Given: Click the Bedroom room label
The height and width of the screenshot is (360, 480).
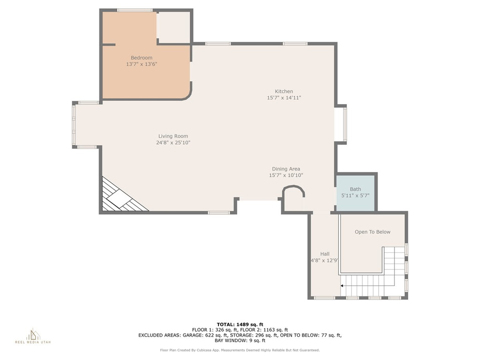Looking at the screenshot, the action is pos(142,58).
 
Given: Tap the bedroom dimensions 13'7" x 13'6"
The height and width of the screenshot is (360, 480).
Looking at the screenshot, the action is pos(142,64).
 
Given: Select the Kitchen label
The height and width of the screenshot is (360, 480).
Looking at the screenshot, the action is pos(284,91).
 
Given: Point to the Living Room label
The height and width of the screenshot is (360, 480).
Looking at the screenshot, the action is pos(173,136).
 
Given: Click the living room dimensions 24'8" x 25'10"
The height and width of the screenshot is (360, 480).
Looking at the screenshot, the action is pos(173,142).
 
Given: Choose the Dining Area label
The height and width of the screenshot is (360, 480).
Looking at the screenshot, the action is pos(286,169).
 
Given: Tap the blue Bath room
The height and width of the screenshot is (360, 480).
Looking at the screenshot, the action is pos(355,193).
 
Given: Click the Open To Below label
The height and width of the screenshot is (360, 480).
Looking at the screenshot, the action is pos(373,232).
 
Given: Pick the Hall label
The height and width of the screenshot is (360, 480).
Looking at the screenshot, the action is pos(325,254).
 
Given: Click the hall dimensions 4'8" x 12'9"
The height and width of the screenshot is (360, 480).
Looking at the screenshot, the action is pos(324,261).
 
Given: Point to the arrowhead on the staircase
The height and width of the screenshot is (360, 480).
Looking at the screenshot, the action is pos(342,286).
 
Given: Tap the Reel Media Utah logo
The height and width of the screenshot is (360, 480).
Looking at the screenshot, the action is pos(33,336).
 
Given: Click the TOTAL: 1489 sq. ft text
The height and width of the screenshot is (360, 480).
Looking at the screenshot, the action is pos(240,324).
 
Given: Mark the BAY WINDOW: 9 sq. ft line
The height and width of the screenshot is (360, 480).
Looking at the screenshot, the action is pos(240,340).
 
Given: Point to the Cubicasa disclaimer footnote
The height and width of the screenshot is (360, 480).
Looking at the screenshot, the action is pos(240,350).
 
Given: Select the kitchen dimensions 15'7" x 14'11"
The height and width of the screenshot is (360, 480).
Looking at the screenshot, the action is pos(284,97).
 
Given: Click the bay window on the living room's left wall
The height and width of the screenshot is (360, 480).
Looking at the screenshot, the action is pos(74,125).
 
